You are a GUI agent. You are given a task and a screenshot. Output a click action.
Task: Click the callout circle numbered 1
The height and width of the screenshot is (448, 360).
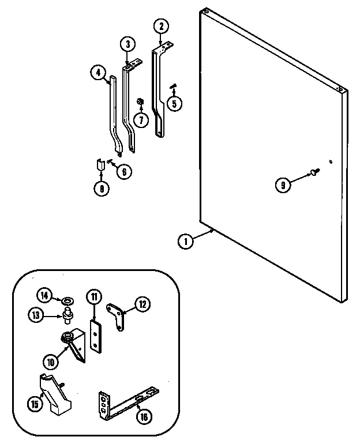(x=185, y=243)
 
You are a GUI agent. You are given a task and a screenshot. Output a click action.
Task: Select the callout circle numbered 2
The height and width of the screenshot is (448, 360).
(x=162, y=26)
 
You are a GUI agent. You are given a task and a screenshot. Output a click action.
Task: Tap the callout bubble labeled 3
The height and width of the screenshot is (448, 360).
(x=127, y=44)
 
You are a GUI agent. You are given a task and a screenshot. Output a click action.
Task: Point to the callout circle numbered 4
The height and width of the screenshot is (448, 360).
(x=99, y=73)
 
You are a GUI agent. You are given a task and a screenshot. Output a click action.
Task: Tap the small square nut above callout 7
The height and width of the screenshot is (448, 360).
(x=140, y=102)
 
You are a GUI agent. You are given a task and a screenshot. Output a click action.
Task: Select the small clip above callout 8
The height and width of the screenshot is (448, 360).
(x=100, y=166)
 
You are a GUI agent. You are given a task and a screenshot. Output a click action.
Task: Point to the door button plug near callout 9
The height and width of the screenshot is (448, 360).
(x=314, y=171)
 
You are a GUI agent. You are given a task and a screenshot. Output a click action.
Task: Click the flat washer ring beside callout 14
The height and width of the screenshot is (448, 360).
(x=67, y=300)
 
